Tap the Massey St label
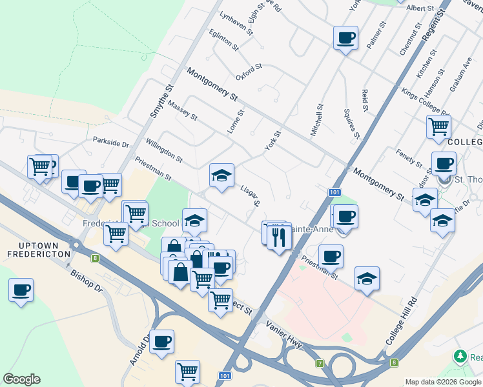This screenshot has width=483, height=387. pyautogui.click(x=181, y=111)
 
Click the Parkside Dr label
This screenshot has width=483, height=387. pyautogui.click(x=111, y=141)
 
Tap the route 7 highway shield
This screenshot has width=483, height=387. pyautogui.click(x=320, y=364)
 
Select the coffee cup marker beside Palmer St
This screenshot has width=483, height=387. pyautogui.click(x=345, y=37)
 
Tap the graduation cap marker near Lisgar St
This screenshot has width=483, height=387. pyautogui.click(x=221, y=175)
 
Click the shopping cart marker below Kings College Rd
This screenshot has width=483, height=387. pyautogui.click(x=439, y=126)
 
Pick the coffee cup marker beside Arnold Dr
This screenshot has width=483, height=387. pyautogui.click(x=161, y=341)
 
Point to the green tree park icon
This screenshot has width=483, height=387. pyautogui.click(x=460, y=356)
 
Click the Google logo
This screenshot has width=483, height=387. pyautogui.click(x=21, y=379)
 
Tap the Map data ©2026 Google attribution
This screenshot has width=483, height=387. pyautogui.click(x=443, y=382)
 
